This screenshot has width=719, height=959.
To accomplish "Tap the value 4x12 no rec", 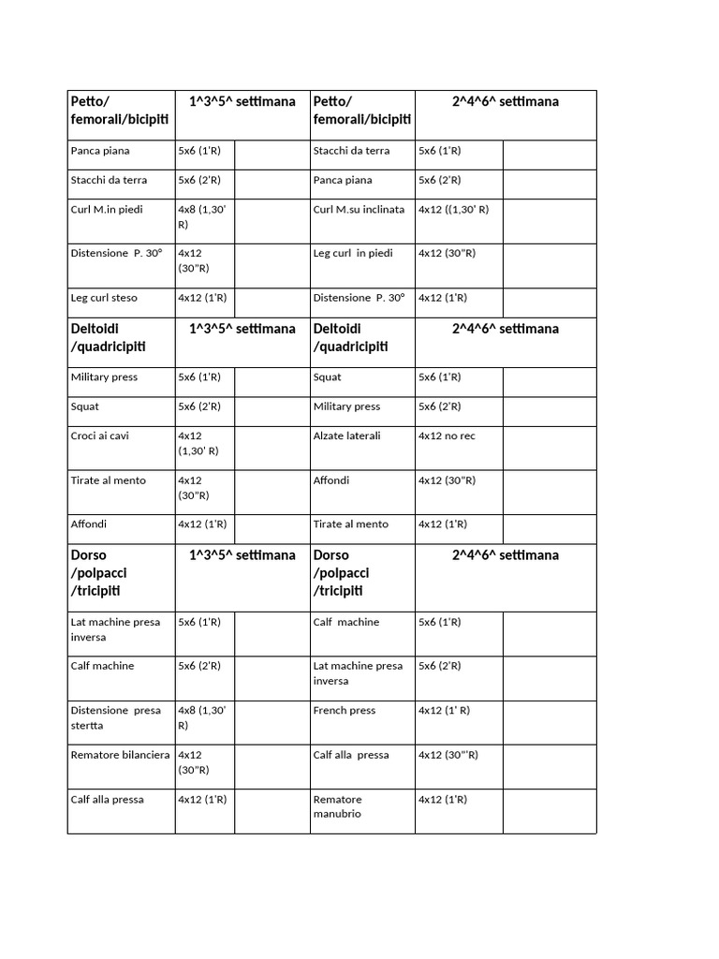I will point(447,435).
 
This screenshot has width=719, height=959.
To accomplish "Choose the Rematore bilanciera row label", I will point(120,754).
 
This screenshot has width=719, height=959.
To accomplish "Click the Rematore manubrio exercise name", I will point(337,806).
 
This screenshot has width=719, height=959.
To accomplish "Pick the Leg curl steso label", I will point(104,298).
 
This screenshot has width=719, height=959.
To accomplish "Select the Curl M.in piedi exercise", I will point(107,209).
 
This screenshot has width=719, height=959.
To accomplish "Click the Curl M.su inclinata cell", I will point(359,209).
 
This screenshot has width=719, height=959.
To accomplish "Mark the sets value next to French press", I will point(444,710).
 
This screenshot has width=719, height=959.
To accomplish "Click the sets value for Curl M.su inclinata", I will point(453,209).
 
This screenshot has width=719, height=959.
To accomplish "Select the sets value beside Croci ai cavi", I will point(198,443).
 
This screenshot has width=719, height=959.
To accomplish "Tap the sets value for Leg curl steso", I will point(202,298).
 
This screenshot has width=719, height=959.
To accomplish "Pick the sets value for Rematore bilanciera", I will point(194,761).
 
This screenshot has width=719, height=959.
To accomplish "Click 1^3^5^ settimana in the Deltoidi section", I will point(242,329).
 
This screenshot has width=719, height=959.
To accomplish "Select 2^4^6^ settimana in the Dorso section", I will point(505,555).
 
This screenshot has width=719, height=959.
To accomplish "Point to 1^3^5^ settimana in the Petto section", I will point(242,101).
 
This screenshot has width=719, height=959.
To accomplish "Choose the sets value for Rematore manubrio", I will point(443,799).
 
